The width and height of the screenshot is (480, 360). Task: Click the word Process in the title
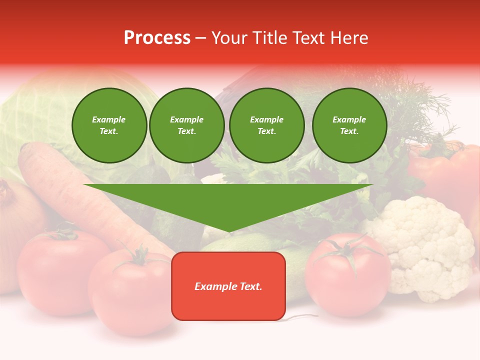pos(157,38)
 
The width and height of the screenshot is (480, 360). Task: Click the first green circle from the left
pos(109,125)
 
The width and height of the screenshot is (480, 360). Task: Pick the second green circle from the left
pos(186,125)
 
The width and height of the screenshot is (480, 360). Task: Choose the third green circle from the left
pos(266,125)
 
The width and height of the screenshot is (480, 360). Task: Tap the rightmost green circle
pos(349,125)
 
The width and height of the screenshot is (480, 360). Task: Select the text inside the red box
pos(228,286)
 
